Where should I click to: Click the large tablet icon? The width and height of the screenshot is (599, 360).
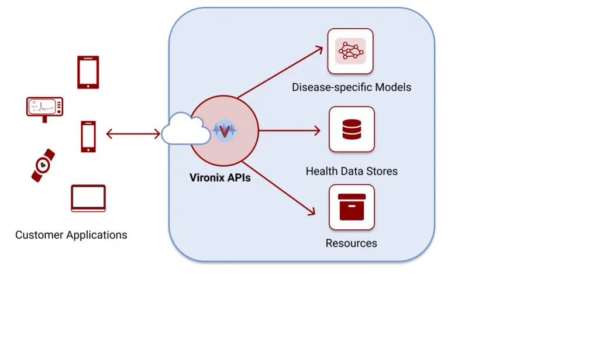88,72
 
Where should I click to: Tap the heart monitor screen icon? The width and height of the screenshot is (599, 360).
44,108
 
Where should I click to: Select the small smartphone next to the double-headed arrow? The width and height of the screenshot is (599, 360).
88,136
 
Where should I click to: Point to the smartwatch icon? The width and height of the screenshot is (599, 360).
43,165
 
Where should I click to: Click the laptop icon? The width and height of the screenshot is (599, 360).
88,198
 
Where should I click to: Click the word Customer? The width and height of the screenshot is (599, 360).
39,235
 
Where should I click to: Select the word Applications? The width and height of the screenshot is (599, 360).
96,235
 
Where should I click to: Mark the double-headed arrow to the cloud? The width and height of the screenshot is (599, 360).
133,134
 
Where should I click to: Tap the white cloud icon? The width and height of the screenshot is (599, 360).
185,130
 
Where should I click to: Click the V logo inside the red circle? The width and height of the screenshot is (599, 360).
224,131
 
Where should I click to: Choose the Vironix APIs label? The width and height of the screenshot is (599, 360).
220,177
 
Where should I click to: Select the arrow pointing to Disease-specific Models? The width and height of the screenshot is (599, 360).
281,71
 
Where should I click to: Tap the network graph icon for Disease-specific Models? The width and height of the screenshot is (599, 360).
350,52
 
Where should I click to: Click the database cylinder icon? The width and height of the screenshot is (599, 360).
352,129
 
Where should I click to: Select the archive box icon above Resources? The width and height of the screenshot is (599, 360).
352,207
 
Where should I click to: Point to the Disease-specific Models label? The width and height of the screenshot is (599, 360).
352,88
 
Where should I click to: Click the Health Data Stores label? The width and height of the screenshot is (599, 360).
352,172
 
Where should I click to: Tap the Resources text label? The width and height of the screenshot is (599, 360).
352,244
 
